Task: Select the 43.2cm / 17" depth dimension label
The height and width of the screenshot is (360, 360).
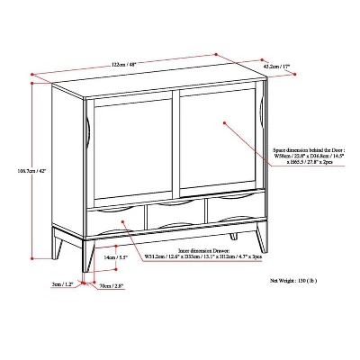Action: coord(275,67)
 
